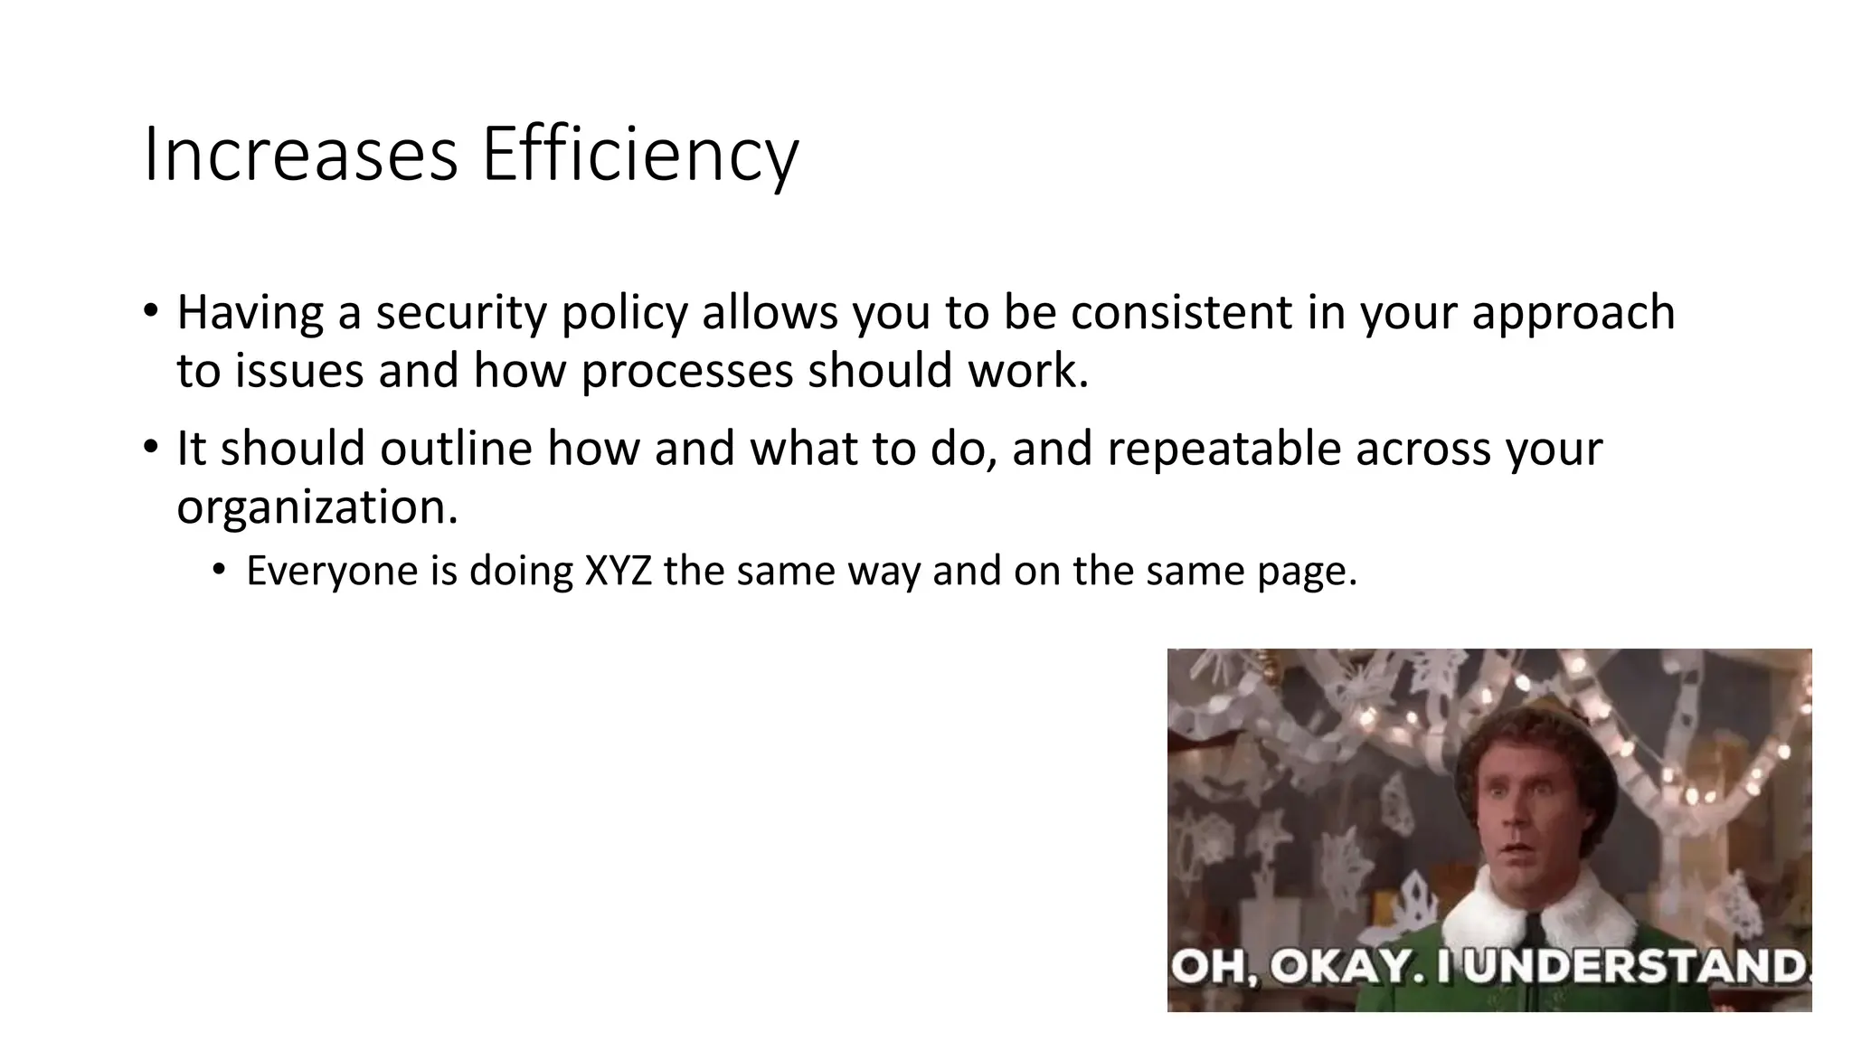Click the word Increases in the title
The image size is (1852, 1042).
tap(300, 156)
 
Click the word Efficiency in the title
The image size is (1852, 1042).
tap(640, 156)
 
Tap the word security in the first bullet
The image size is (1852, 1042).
tap(461, 313)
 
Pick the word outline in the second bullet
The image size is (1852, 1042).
tap(456, 449)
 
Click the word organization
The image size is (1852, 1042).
tap(317, 508)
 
